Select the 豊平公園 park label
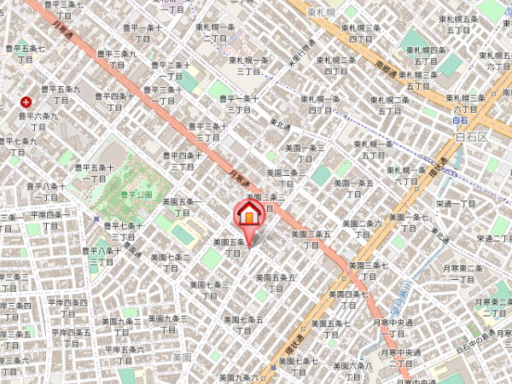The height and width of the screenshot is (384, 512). (x=137, y=195)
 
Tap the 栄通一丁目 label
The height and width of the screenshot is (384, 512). (x=456, y=204)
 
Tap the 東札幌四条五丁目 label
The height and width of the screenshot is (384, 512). (x=426, y=56)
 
